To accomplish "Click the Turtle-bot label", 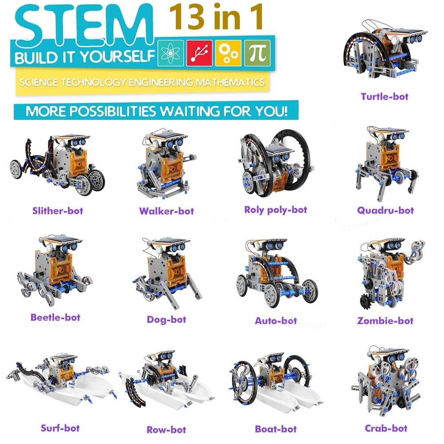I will coord(385,96).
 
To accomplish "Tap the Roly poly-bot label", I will coord(275,210).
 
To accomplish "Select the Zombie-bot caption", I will coord(385,321).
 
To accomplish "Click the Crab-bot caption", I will coord(386,428).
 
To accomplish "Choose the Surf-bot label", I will coord(60,428).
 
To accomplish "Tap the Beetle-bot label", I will coord(55,317).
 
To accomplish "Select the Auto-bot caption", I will coord(276,320).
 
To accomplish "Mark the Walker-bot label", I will coord(166,211).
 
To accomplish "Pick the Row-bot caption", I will coord(166,429).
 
